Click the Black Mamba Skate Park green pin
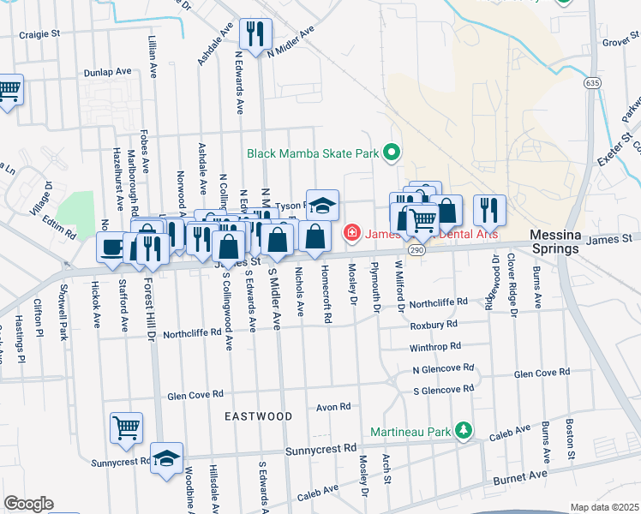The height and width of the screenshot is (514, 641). tap(392, 154)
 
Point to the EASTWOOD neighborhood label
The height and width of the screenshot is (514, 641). tap(259, 416)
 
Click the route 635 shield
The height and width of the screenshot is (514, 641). tap(592, 83)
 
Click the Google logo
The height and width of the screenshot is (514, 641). tap(28, 504)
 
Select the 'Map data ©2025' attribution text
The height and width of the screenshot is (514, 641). tap(604, 507)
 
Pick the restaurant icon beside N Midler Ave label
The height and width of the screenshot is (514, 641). tap(255, 33)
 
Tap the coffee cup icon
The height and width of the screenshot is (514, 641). tap(111, 248)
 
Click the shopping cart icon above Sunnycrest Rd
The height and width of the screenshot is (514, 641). tap(126, 427)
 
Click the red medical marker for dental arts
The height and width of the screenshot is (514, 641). tap(351, 232)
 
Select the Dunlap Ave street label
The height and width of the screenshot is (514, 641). tap(106, 73)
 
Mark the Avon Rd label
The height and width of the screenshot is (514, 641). tap(334, 407)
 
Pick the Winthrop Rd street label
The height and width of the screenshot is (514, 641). tap(435, 347)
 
